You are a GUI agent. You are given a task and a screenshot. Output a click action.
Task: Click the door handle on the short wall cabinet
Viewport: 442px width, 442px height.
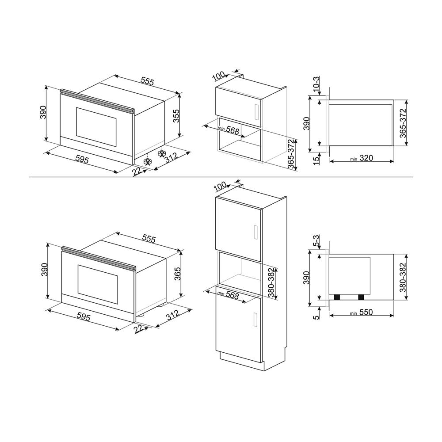(255, 112)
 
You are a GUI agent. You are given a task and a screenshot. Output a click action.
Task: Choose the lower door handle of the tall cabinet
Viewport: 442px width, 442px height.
(255, 320)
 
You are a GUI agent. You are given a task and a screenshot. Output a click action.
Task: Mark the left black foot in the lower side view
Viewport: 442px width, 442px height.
(337, 297)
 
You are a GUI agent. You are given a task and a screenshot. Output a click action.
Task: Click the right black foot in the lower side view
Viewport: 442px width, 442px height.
(361, 297)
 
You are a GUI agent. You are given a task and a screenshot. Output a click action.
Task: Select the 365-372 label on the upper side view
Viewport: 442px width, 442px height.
(403, 123)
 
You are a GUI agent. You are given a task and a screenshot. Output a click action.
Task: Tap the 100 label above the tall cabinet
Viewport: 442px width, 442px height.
(219, 186)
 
